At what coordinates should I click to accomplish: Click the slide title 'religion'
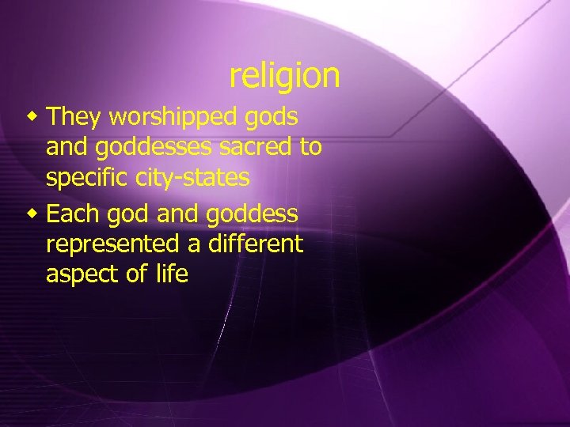point(284,76)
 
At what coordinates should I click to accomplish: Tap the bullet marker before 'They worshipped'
point(32,117)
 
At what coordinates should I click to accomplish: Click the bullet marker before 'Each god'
point(32,213)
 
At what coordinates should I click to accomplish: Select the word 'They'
point(74,117)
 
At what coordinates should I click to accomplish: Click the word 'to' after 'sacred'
point(310,148)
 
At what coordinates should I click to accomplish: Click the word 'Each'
point(74,213)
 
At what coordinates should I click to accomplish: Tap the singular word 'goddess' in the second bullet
point(254,213)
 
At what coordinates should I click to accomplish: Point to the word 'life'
point(172,274)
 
